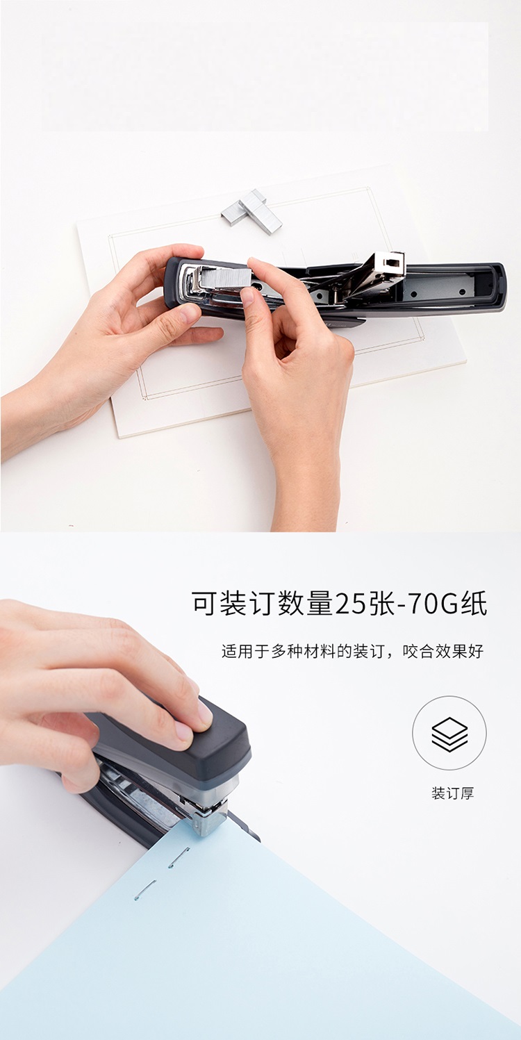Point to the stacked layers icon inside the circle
449,734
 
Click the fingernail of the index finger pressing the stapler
205,712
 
